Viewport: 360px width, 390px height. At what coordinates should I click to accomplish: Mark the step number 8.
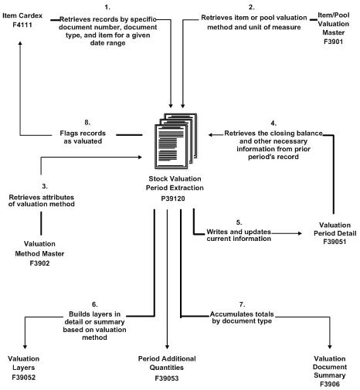click(x=92, y=120)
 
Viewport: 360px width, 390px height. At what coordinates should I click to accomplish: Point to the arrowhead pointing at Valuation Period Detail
click(x=299, y=232)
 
